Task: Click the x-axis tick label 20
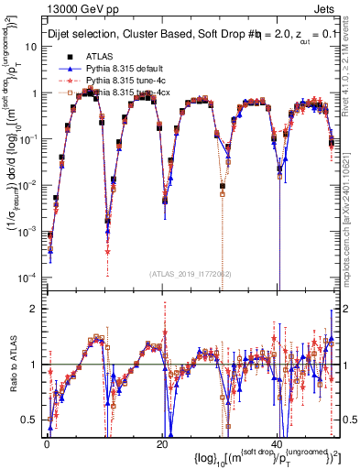pos(161,444)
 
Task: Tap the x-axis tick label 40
pos(277,444)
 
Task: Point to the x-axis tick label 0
pos(46,444)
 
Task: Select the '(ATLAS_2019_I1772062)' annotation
pos(190,274)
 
